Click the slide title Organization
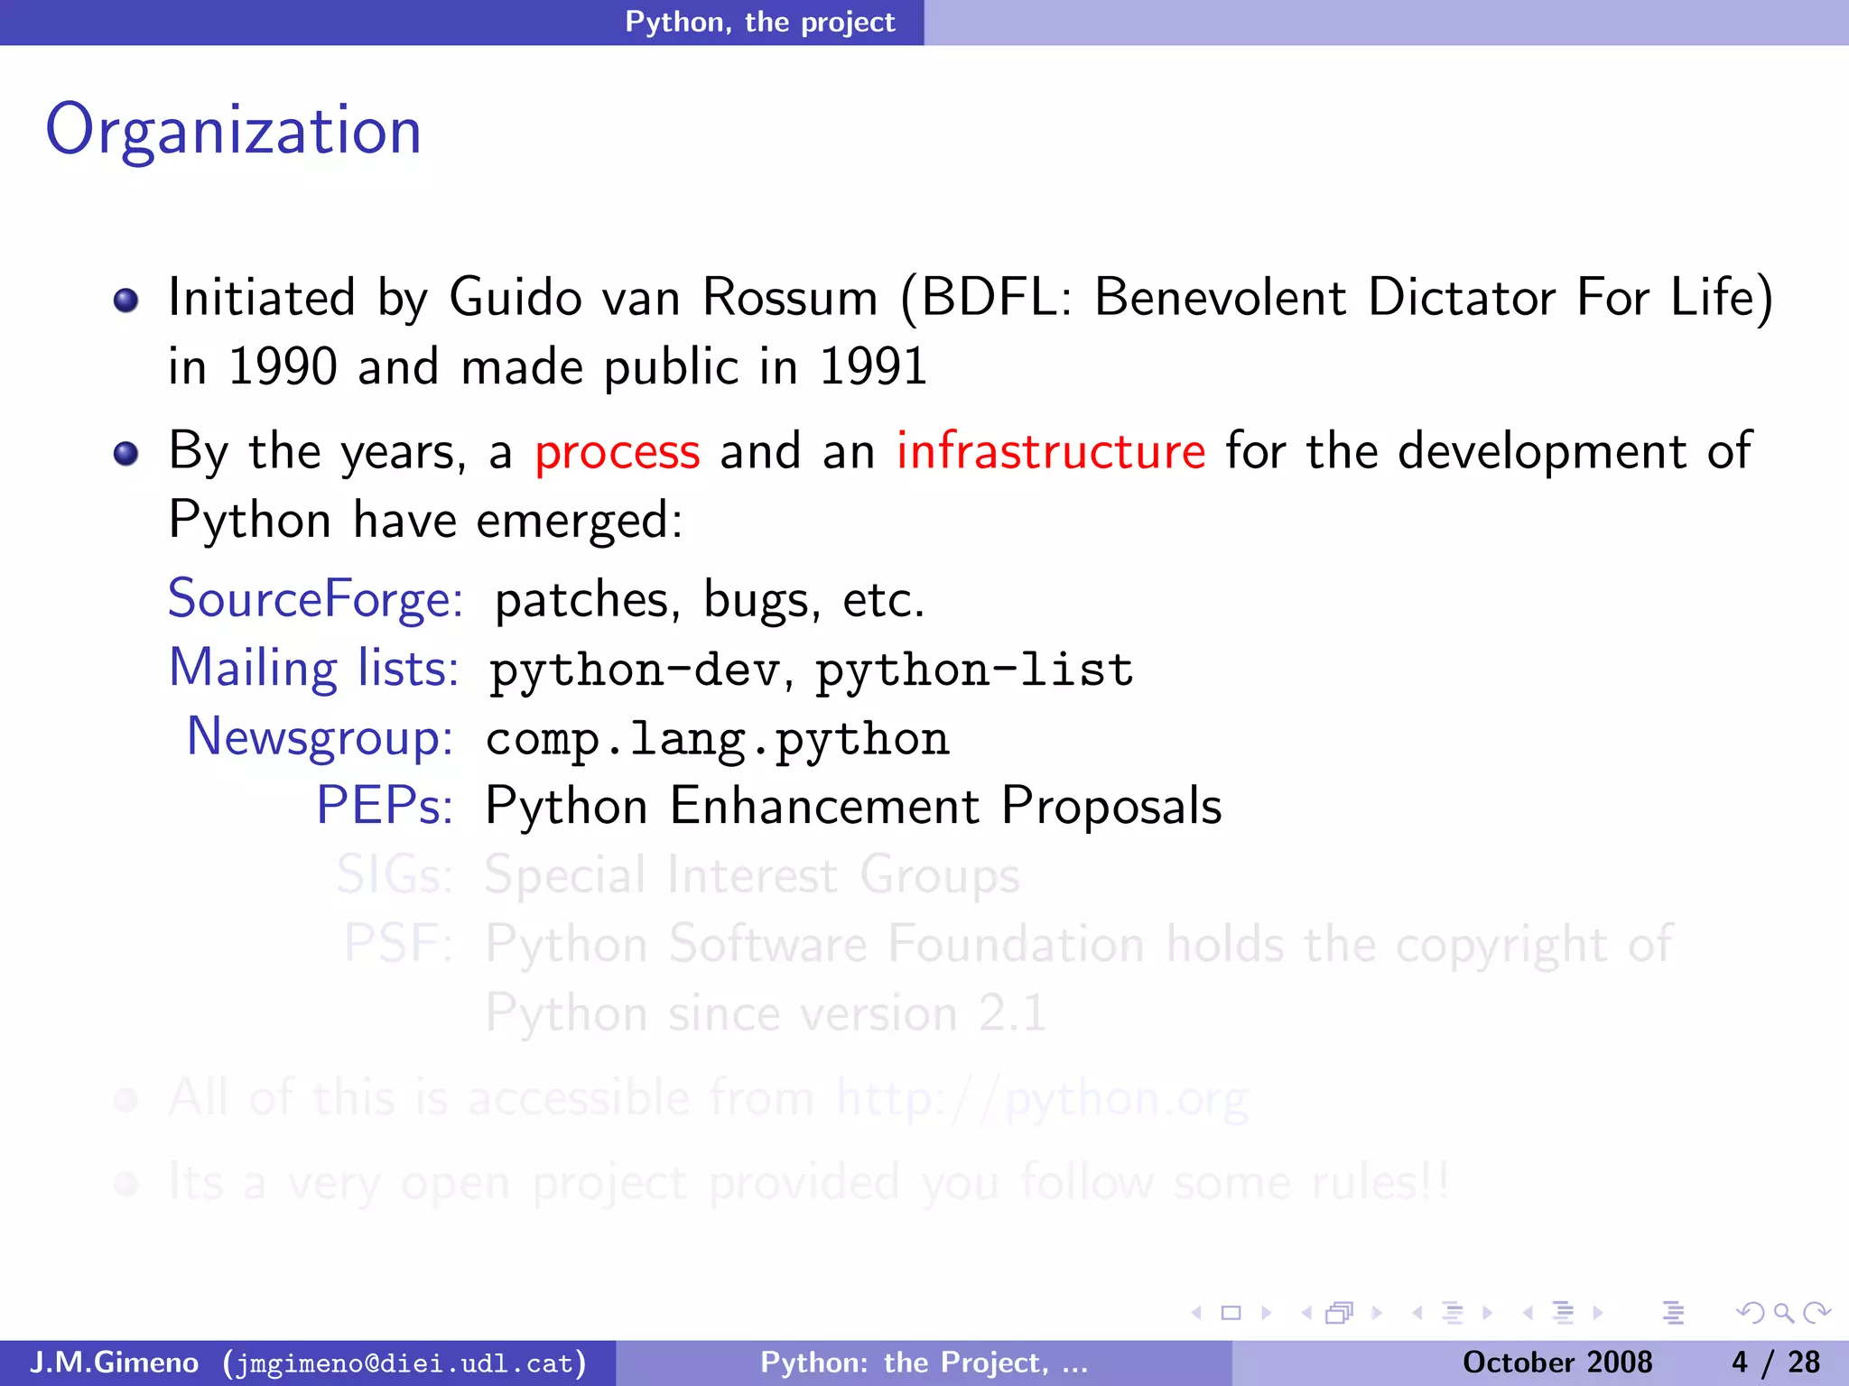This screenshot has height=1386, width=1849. pos(233,131)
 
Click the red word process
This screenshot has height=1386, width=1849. pos(617,452)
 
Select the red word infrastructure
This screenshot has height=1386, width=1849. pos(1050,452)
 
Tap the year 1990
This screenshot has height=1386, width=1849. pos(283,367)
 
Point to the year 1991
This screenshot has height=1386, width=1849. pos(872,367)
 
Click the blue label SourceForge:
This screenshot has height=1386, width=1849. pos(315,599)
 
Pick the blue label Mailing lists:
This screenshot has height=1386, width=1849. pos(314,669)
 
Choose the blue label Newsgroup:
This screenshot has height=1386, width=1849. pos(320,737)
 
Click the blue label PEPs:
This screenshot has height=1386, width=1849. pos(385,806)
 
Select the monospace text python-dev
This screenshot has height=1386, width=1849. pos(635,670)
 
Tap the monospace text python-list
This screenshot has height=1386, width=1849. pos(974,670)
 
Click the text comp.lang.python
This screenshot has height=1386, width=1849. pos(717,739)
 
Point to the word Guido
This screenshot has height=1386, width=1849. pos(516,298)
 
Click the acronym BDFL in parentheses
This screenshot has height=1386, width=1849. pos(990,298)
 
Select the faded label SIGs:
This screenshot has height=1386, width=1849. pos(395,875)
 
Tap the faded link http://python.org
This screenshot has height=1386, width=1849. pos(1042,1099)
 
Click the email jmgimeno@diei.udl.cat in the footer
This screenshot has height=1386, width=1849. pos(404,1363)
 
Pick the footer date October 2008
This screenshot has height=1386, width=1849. pos(1556,1363)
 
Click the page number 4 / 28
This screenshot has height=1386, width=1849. pos(1775,1363)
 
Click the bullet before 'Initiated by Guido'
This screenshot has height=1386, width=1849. pos(126,300)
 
